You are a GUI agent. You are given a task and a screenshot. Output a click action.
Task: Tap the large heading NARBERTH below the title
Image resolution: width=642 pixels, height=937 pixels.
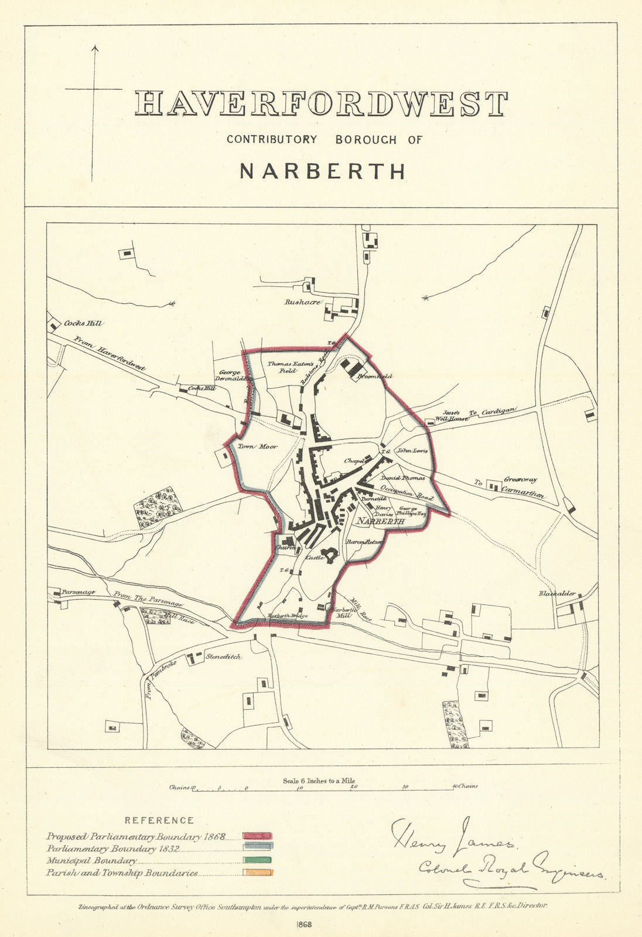(x=323, y=170)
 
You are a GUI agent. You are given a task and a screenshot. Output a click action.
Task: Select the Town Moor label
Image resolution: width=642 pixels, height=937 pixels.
(x=257, y=447)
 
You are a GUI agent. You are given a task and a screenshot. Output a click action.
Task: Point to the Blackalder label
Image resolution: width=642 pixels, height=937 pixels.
(x=557, y=593)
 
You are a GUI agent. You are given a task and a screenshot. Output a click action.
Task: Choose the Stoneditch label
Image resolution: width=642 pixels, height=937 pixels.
(x=223, y=656)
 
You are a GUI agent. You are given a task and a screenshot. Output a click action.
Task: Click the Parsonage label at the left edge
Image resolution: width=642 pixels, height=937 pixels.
(x=78, y=592)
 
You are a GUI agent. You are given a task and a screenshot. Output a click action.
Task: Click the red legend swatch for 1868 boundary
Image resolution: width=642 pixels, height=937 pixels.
(x=257, y=836)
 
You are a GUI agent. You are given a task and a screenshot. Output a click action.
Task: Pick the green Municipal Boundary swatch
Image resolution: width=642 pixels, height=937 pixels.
(x=257, y=860)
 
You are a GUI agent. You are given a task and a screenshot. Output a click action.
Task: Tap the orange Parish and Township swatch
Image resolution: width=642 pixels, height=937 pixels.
(x=257, y=872)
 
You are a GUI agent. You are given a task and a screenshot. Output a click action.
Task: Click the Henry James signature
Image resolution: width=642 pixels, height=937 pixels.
(x=451, y=835)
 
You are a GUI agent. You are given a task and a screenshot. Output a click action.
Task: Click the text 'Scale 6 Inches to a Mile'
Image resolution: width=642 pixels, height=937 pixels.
(x=319, y=781)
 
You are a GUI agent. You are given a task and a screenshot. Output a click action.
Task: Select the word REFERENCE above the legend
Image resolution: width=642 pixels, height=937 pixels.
(x=159, y=820)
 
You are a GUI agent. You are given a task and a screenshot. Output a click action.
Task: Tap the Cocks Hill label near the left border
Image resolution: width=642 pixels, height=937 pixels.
(x=83, y=323)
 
